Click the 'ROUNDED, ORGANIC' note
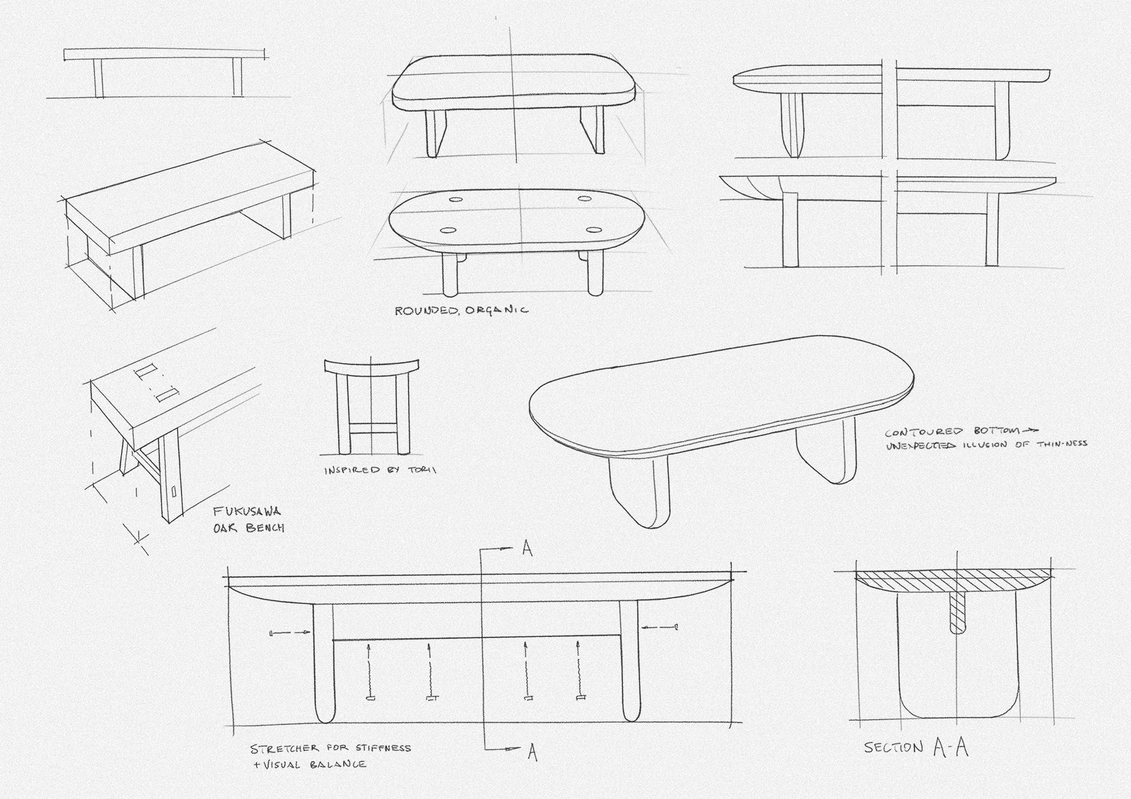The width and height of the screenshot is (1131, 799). tap(461, 310)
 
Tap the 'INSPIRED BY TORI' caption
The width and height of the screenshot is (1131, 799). tap(380, 470)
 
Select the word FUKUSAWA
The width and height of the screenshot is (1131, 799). tap(247, 512)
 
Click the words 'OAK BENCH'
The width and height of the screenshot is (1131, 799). tap(249, 527)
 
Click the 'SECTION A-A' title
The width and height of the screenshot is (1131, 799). tap(916, 747)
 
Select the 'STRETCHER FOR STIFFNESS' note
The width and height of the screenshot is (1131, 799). tap(330, 749)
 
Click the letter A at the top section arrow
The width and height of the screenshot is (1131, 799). tap(527, 549)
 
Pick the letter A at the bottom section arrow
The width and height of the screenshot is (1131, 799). tap(532, 752)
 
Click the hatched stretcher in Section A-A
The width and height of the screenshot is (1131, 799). tap(958, 613)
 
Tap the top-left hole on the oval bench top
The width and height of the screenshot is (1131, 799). tap(456, 200)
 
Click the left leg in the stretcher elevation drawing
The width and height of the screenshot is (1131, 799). tap(324, 663)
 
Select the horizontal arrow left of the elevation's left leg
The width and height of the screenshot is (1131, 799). tap(290, 633)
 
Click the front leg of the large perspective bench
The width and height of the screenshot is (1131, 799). tap(638, 488)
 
